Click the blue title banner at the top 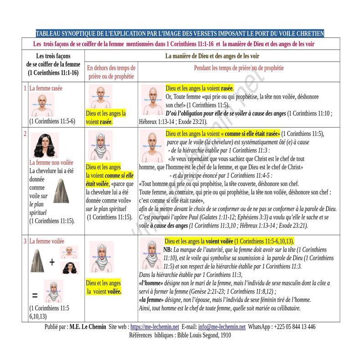coord(180,34)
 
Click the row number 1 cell coord(25,88)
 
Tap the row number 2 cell coord(25,134)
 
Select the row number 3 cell coord(25,242)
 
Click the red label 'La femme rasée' coord(46,88)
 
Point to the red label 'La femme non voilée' coord(51,162)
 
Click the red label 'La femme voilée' coord(46,242)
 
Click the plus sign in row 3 coord(52,262)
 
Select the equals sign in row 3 coord(35,295)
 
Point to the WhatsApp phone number coord(293,327)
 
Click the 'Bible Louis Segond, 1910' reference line coord(180,335)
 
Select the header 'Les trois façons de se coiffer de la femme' coord(53,64)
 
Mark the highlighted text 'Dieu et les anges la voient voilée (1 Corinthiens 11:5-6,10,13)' coord(229,241)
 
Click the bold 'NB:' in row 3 coord(168,250)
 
